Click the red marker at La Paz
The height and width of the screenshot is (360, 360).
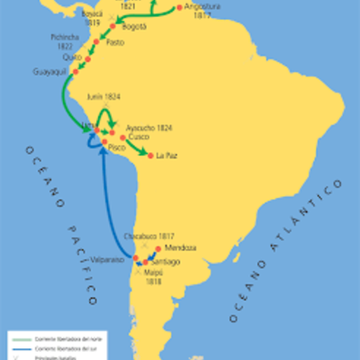pos(149,155)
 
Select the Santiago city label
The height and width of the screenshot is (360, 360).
pos(164,262)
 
